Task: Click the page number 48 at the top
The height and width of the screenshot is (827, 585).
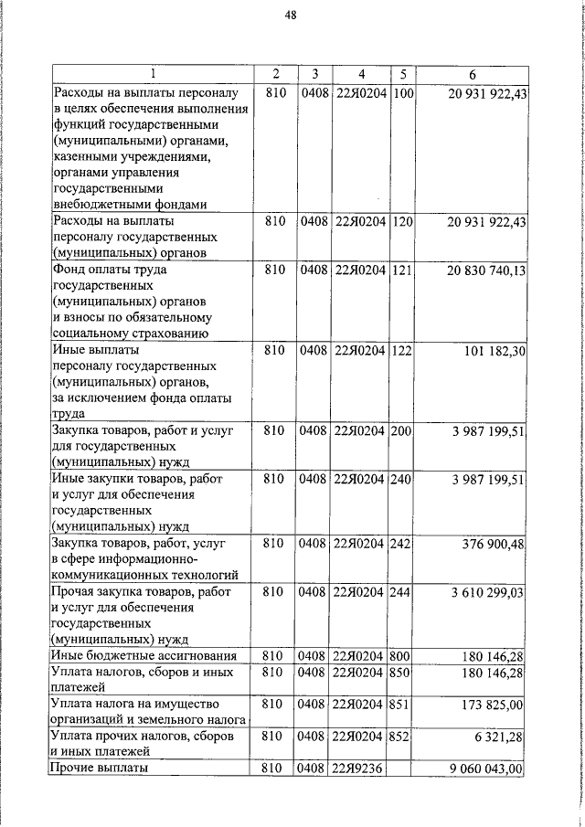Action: [x=290, y=15]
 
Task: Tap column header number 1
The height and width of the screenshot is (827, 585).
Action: [x=151, y=73]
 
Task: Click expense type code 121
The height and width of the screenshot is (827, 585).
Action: [x=401, y=271]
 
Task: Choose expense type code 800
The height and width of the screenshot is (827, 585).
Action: [x=401, y=656]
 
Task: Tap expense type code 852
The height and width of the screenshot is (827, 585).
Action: [x=401, y=737]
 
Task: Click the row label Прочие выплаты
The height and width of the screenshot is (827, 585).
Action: [x=100, y=769]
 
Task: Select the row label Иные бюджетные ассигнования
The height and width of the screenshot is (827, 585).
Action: [x=144, y=656]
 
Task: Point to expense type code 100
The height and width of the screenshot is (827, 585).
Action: [x=401, y=94]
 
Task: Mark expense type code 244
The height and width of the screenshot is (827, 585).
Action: [x=401, y=593]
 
